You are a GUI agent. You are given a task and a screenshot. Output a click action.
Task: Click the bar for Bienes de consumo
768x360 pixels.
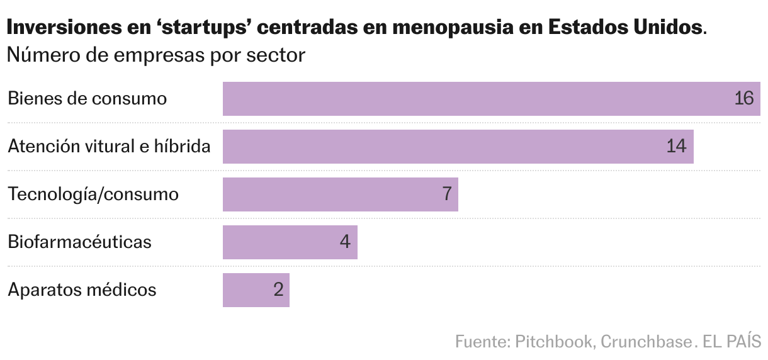point(491,99)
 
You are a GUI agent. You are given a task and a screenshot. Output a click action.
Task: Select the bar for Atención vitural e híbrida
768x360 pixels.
point(458,147)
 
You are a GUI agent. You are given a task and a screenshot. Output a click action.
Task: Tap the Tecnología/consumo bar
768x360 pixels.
point(340,194)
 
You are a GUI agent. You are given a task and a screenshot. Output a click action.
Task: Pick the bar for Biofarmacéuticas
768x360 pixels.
point(290,242)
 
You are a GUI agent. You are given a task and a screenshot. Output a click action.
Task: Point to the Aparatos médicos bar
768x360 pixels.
point(256,290)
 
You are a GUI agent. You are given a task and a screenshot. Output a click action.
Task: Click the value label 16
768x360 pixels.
point(743,99)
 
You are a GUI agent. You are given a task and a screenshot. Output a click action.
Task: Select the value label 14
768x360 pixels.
point(676,147)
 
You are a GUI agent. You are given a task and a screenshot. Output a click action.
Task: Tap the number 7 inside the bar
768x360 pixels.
point(447,194)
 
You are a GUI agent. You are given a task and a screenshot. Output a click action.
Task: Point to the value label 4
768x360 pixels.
point(344,242)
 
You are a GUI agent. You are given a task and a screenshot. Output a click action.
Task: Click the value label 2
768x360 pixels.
point(278,290)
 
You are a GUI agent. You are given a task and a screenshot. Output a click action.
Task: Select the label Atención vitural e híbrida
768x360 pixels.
point(109,147)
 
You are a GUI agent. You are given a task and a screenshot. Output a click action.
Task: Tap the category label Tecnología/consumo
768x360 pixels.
point(93,194)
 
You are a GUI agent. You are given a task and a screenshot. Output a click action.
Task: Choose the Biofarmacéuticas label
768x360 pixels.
point(80,242)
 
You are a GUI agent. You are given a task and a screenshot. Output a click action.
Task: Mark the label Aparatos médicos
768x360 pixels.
point(82,290)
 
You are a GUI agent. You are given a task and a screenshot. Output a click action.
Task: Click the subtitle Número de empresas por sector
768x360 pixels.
point(156,55)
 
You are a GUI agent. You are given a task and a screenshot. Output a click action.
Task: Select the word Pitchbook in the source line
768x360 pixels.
point(553,341)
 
